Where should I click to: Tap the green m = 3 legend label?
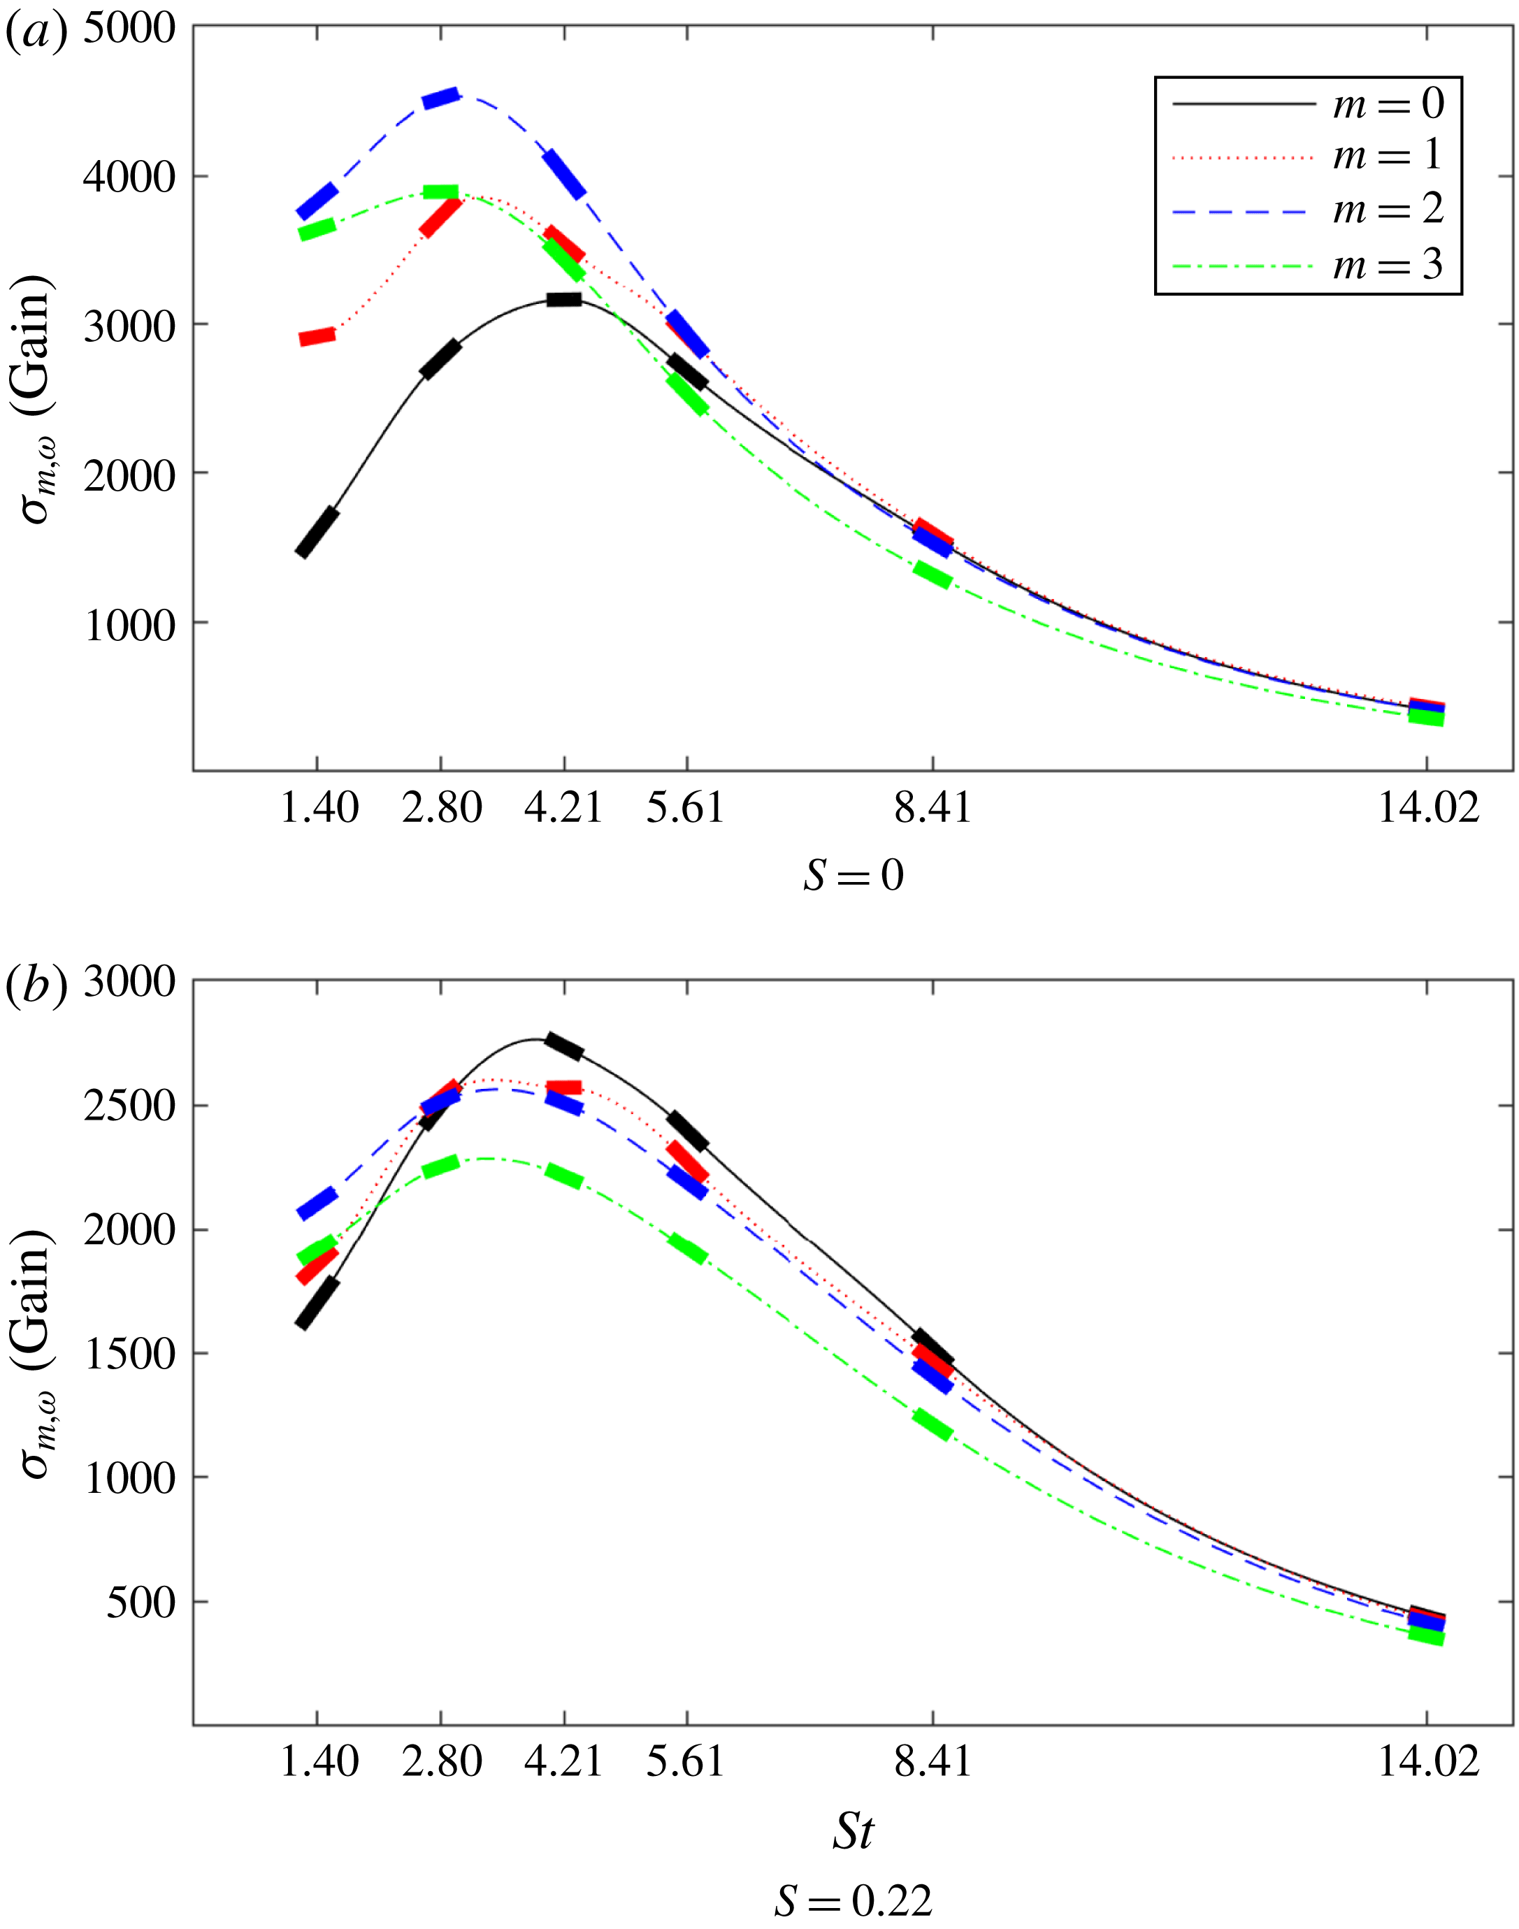click(1388, 265)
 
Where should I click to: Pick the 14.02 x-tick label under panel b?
click(1427, 1761)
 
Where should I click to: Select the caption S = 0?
click(853, 876)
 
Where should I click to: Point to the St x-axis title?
click(853, 1831)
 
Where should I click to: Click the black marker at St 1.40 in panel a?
click(317, 533)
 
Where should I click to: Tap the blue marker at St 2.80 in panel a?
click(440, 98)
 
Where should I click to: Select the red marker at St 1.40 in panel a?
click(317, 337)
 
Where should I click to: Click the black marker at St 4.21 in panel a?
click(564, 300)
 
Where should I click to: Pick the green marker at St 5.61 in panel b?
click(687, 1249)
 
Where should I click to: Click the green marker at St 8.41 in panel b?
click(932, 1424)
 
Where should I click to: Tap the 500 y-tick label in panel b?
click(141, 1603)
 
